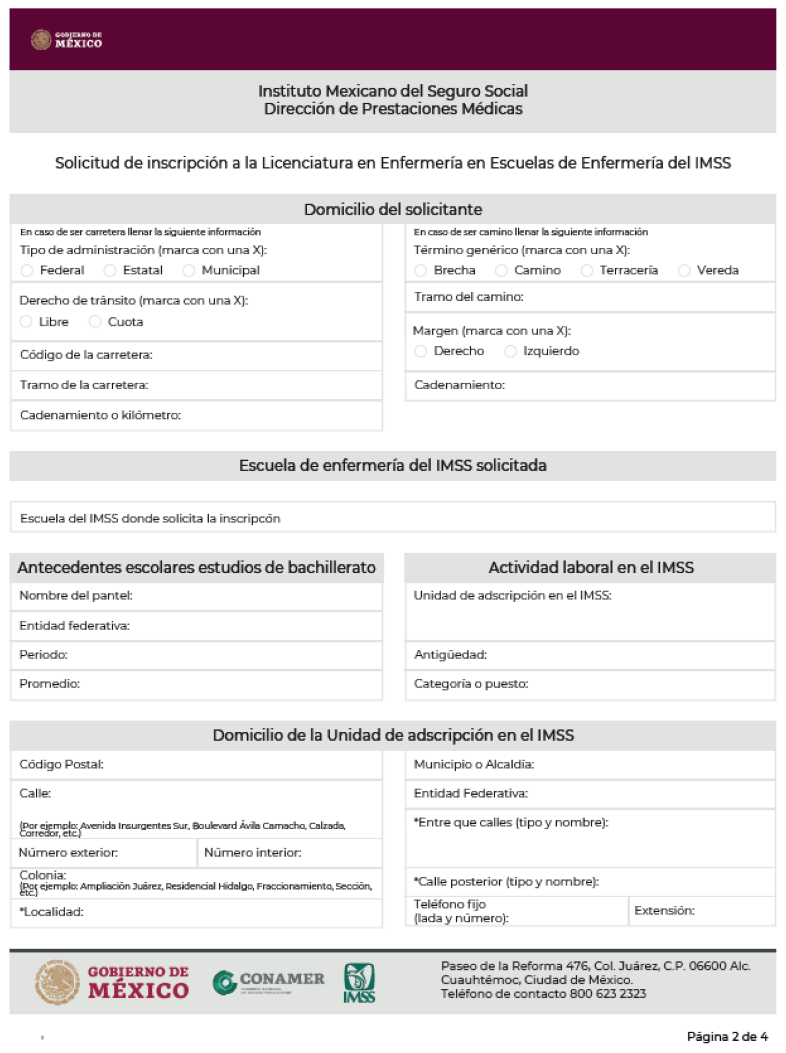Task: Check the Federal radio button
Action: point(27,271)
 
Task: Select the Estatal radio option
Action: point(110,271)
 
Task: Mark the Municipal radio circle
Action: point(189,271)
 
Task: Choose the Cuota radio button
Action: point(95,322)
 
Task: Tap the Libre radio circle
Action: point(26,322)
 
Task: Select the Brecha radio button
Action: point(421,271)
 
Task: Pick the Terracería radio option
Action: point(587,271)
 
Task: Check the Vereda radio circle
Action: point(684,271)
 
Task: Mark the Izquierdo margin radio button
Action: point(510,351)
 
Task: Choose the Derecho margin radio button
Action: point(421,351)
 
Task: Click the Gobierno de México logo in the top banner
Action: point(66,40)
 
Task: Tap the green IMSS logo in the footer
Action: point(359,983)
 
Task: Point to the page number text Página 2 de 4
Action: point(727,1036)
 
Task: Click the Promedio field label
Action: point(49,684)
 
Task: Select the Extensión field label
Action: point(664,910)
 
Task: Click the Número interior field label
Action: point(252,853)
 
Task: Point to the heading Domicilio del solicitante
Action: point(393,209)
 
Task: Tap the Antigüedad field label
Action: point(450,654)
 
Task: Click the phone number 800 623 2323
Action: point(608,994)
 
